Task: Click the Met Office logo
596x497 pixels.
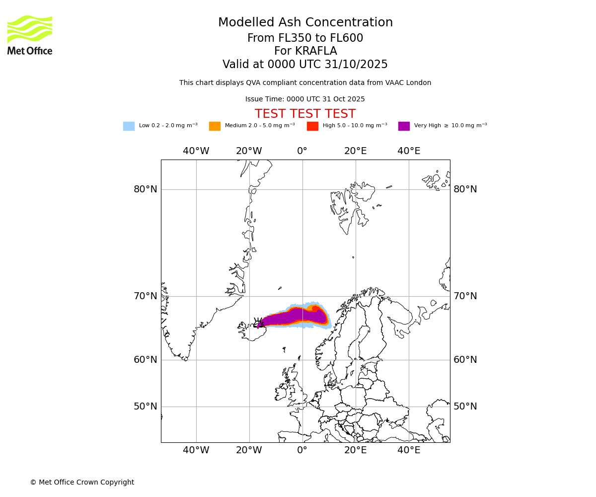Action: click(30, 35)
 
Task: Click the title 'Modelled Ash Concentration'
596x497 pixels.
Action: click(305, 23)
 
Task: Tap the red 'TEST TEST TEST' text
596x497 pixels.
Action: click(305, 114)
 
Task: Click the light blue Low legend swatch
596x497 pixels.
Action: click(129, 126)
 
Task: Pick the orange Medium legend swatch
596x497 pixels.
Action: click(215, 126)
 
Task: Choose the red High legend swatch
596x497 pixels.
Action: click(312, 126)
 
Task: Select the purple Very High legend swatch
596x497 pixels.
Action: click(404, 126)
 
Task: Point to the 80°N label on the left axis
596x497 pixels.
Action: click(145, 189)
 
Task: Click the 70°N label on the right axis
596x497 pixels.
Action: click(465, 296)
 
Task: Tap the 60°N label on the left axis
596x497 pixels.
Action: click(145, 360)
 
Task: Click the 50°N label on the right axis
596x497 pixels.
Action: click(465, 407)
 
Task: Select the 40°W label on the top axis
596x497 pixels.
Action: click(196, 151)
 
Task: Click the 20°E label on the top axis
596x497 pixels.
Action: click(355, 151)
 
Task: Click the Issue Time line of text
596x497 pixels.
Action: click(305, 99)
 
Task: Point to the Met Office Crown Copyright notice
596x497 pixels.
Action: click(82, 483)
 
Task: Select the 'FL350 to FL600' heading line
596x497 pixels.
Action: click(305, 38)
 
